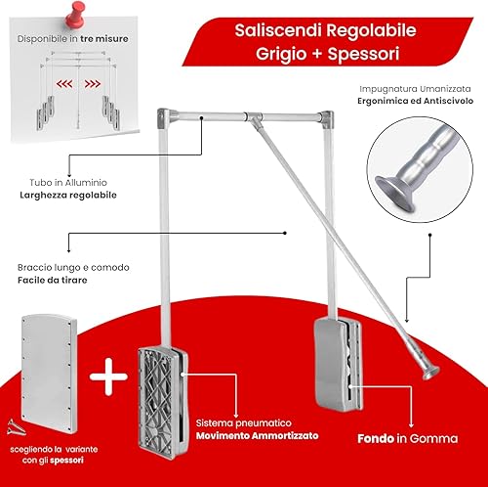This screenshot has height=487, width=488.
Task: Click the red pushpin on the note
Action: pyautogui.click(x=75, y=15)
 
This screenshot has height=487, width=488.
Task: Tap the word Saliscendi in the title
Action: pyautogui.click(x=278, y=30)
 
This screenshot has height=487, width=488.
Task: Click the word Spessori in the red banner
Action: pyautogui.click(x=363, y=54)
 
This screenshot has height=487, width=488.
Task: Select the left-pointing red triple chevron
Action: pyautogui.click(x=64, y=84)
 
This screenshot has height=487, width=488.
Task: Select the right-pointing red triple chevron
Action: pyautogui.click(x=93, y=84)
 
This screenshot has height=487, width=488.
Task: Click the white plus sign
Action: pyautogui.click(x=108, y=376)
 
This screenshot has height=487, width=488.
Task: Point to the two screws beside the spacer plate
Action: pyautogui.click(x=16, y=427)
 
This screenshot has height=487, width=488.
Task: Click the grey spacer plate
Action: pyautogui.click(x=49, y=374)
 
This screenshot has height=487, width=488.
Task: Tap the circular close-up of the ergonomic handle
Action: pyautogui.click(x=420, y=169)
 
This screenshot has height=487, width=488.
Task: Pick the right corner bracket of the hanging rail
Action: pyautogui.click(x=326, y=119)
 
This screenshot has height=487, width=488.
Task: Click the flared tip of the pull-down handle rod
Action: pyautogui.click(x=430, y=373)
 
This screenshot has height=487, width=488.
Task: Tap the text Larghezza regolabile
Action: pyautogui.click(x=68, y=196)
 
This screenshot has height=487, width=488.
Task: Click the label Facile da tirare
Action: pyautogui.click(x=53, y=280)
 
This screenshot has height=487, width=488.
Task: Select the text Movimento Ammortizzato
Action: pyautogui.click(x=257, y=436)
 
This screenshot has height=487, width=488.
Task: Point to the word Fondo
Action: pyautogui.click(x=376, y=439)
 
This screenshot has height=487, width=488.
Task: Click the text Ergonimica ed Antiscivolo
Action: pyautogui.click(x=416, y=101)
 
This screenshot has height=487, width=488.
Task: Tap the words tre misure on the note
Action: pyautogui.click(x=104, y=39)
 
